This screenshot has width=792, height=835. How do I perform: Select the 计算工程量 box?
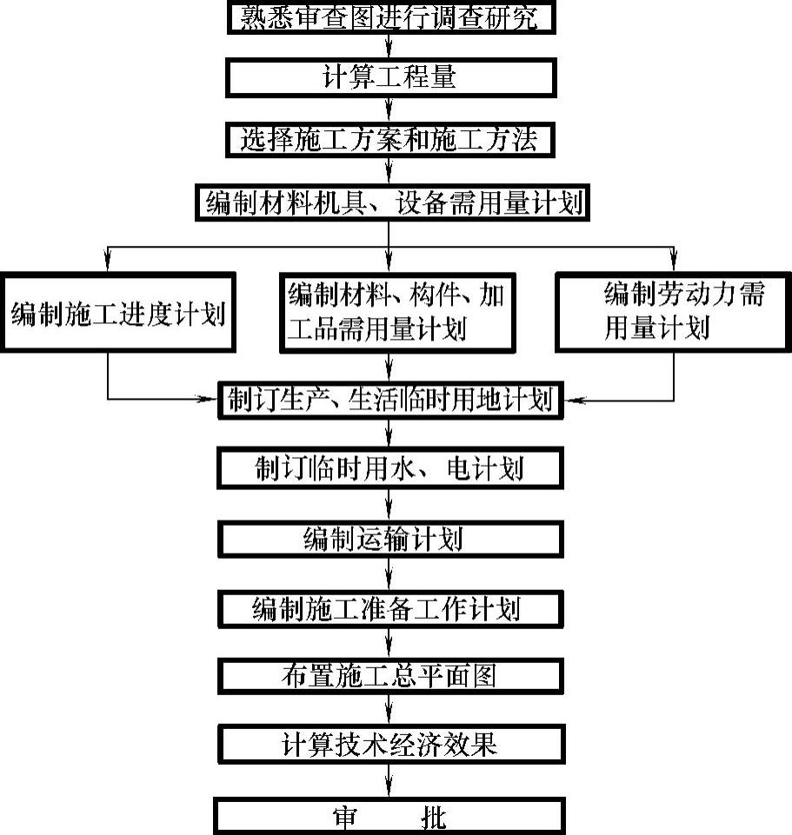click(390, 78)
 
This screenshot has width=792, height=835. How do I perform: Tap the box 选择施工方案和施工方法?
click(390, 138)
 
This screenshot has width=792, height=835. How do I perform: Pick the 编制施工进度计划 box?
click(118, 314)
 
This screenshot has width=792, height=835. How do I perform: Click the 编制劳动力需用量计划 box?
click(672, 314)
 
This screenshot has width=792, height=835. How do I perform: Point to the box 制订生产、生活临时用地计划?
click(390, 400)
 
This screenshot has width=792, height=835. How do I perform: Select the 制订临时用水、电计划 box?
click(390, 469)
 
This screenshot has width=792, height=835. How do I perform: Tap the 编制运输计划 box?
click(390, 539)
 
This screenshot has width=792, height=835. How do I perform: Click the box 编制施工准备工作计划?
click(390, 608)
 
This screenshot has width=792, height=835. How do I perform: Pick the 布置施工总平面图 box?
click(390, 675)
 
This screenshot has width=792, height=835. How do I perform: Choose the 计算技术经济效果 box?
click(390, 745)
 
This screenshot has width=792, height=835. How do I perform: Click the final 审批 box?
click(390, 818)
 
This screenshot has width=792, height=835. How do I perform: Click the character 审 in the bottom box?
click(345, 818)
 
